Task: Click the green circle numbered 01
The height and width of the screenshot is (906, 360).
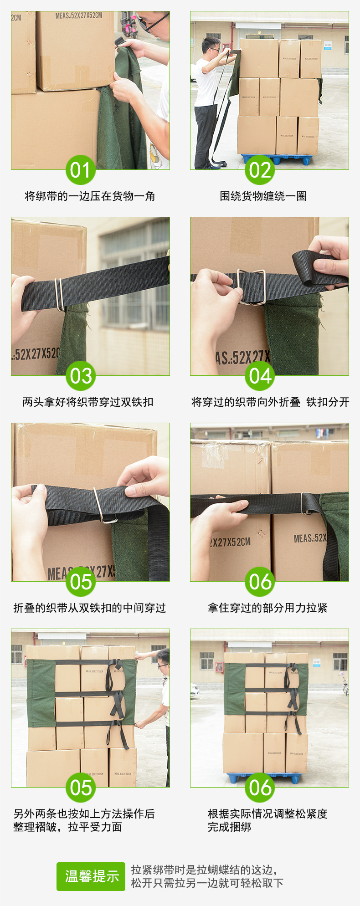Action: [81, 170]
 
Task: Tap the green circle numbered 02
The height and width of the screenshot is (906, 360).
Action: [260, 170]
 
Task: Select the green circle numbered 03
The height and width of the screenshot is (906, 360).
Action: [81, 376]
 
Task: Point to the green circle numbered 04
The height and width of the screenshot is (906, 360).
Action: [260, 376]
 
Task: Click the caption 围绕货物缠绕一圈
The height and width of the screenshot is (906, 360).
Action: [263, 196]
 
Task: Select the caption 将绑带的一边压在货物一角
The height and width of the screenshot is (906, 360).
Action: [90, 196]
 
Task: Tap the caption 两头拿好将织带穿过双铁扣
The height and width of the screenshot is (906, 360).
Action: [88, 402]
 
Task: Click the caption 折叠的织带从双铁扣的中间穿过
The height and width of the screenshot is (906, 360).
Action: [90, 608]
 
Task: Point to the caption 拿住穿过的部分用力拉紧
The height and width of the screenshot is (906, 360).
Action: [267, 608]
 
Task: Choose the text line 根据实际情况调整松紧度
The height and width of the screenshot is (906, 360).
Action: [267, 814]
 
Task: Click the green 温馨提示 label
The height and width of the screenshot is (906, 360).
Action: [91, 876]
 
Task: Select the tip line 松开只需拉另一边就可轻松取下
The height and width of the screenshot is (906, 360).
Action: [207, 883]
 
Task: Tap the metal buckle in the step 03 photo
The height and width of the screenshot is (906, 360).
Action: [58, 294]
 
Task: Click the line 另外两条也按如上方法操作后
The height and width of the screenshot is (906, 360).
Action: [84, 814]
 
